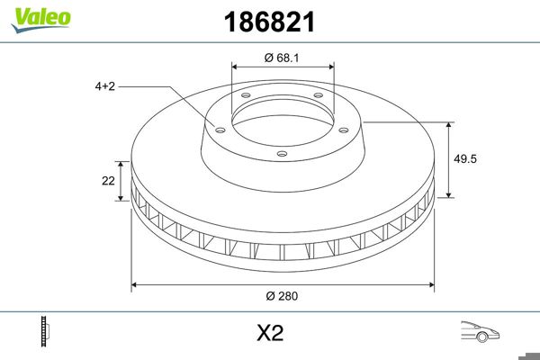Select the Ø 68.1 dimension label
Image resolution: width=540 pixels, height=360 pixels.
point(283,58)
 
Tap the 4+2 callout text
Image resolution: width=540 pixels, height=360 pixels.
point(105,86)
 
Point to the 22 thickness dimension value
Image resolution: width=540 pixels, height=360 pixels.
point(108,181)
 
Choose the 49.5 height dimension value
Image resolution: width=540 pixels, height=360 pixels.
point(465,157)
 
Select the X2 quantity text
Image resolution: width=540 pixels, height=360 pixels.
point(270,334)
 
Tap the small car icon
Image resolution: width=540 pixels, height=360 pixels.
point(480,331)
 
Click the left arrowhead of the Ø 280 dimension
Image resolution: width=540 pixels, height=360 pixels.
point(136,284)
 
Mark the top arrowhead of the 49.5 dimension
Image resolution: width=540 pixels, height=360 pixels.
point(449,123)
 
